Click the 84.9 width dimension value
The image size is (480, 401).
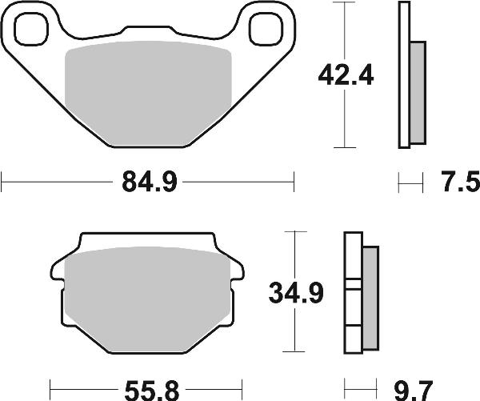coord(148,183)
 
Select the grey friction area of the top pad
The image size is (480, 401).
coord(148,94)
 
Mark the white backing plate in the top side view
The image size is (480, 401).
coord(404,76)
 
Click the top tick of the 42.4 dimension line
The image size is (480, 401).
coord(343,3)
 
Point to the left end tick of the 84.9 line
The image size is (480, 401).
coord(2,183)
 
